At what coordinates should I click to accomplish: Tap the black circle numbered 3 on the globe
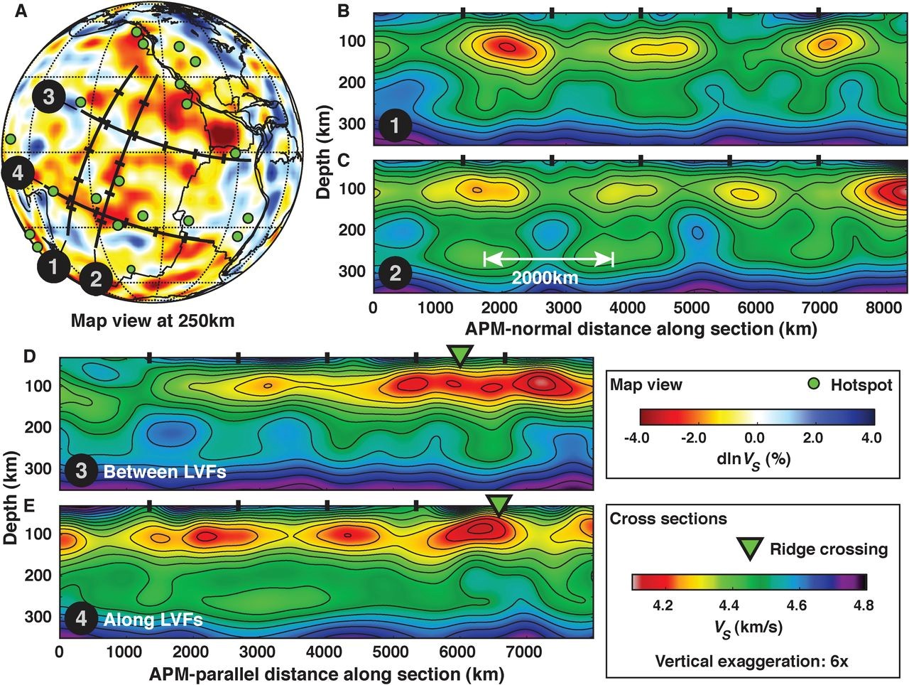pyautogui.click(x=49, y=97)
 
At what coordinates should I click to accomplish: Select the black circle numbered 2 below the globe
pyautogui.click(x=96, y=279)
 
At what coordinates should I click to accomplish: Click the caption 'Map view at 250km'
pyautogui.click(x=152, y=320)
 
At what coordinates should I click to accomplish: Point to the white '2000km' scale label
pyautogui.click(x=545, y=278)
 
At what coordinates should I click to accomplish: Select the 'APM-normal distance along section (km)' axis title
pyautogui.click(x=641, y=329)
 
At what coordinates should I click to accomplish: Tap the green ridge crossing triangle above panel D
pyautogui.click(x=460, y=354)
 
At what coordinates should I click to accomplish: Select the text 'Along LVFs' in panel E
pyautogui.click(x=153, y=620)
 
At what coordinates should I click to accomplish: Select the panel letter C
pyautogui.click(x=381, y=160)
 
